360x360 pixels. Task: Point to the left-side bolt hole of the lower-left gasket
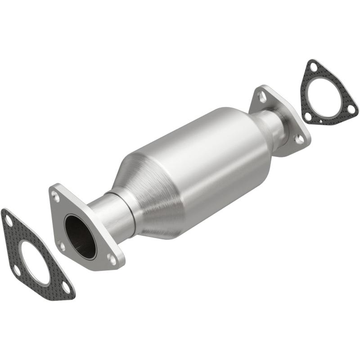(x=16, y=270)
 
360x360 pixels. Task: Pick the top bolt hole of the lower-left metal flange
(x=55, y=196)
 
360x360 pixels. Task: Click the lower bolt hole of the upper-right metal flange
(x=298, y=139)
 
